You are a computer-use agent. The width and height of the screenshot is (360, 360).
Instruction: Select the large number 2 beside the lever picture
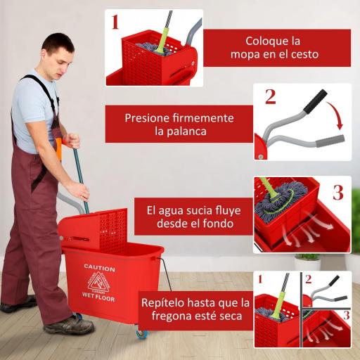pos(270,96)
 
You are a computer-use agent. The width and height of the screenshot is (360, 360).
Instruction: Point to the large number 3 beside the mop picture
pos(337,192)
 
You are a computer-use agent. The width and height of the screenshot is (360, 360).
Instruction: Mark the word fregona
pos(163,316)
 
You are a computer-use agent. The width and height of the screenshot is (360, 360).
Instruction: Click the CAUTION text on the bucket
pos(99,267)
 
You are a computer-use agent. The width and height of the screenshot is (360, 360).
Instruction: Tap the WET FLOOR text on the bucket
pos(99,295)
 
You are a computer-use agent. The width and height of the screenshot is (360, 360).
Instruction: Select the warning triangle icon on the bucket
pos(99,281)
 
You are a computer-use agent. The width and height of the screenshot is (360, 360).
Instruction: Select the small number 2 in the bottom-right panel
pos(308,278)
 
